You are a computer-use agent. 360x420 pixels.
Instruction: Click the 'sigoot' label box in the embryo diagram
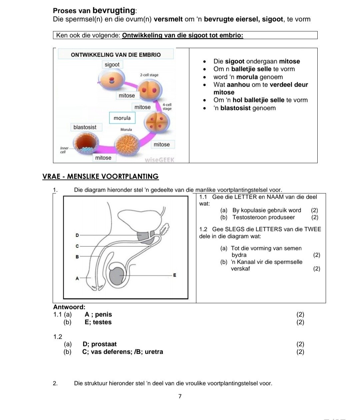coord(112,65)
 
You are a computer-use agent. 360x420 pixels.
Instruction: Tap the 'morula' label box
coord(122,118)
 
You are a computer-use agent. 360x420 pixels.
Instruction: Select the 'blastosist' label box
coord(85,127)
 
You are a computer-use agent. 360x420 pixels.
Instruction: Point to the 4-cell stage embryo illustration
coord(156,122)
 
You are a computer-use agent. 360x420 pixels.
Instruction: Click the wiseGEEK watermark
coord(160,160)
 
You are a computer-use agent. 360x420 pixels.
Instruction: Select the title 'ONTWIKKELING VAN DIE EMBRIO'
coord(116,55)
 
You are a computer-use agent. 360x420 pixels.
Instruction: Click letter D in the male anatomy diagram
coord(77,235)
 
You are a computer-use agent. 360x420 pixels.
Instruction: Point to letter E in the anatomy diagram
coord(174,275)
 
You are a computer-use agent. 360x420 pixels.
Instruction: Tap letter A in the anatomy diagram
coord(77,278)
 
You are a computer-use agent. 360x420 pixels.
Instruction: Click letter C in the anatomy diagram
coord(77,246)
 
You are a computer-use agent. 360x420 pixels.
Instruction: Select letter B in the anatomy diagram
coord(77,257)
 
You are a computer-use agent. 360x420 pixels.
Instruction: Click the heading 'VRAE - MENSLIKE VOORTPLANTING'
coord(100,177)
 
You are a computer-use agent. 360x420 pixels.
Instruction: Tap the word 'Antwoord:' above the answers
coord(69,307)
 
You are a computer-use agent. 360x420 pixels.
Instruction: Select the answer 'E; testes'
coord(98,322)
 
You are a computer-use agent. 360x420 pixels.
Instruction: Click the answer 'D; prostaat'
coord(99,344)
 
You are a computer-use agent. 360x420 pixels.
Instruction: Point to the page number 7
coord(180,396)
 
